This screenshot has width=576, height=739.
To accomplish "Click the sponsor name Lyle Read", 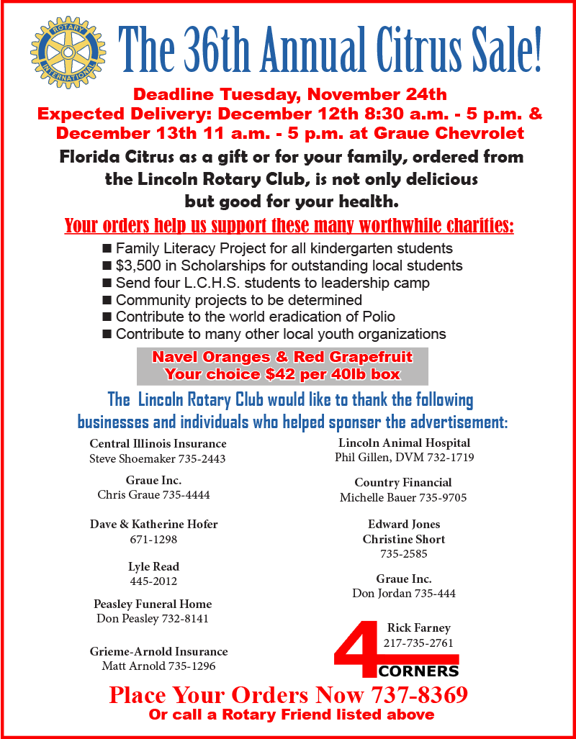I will pyautogui.click(x=153, y=566).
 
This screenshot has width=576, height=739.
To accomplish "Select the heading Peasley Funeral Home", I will pyautogui.click(x=153, y=604).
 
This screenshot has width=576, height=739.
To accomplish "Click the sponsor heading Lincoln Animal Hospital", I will pyautogui.click(x=404, y=443).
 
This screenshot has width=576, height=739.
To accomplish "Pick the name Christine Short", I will pyautogui.click(x=403, y=539).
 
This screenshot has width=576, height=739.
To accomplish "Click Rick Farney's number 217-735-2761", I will pyautogui.click(x=418, y=643).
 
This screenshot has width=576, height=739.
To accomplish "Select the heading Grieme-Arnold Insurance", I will pyautogui.click(x=158, y=651).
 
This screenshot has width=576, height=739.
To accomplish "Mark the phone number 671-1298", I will pyautogui.click(x=153, y=539).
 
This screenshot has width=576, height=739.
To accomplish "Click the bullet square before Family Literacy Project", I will pyautogui.click(x=107, y=249).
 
